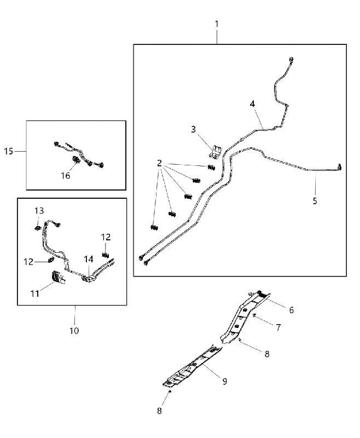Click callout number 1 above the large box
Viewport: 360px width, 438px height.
click(217, 24)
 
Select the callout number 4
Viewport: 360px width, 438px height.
click(252, 104)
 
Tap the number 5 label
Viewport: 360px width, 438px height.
click(315, 201)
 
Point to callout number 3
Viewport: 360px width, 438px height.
click(193, 129)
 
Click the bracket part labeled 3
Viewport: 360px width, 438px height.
click(216, 152)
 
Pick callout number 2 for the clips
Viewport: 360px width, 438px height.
click(159, 163)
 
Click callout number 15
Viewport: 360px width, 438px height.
click(9, 151)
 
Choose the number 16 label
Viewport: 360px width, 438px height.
click(66, 176)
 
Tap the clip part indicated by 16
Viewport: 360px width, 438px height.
click(76, 160)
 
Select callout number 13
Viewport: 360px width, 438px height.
click(39, 211)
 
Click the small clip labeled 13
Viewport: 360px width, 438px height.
click(38, 227)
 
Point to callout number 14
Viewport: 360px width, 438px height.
click(89, 259)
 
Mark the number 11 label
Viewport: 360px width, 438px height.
click(35, 293)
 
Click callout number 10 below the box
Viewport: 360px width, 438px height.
click(74, 331)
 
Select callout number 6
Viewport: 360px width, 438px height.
click(292, 310)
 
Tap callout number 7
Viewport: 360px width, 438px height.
click(278, 327)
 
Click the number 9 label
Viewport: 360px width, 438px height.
click(225, 381)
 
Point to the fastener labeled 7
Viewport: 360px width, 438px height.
click(254, 315)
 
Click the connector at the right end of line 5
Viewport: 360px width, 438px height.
click(340, 167)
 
